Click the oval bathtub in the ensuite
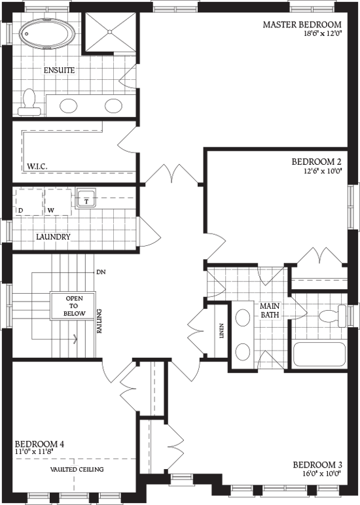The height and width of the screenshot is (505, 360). click(47, 33)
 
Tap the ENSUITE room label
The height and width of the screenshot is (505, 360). click(59, 70)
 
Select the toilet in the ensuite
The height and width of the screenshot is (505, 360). click(29, 103)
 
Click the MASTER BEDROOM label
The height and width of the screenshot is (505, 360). click(302, 25)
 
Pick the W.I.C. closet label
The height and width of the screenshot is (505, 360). click(37, 167)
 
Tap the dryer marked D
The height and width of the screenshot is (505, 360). click(29, 202)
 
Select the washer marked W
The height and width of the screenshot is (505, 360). click(58, 202)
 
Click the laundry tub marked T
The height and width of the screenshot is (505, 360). click(86, 198)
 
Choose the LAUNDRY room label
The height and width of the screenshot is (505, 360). click(53, 237)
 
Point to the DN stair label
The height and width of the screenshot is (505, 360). click(101, 271)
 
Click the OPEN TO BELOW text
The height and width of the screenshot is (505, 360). click(73, 305)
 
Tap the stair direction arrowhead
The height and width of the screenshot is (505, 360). click(77, 338)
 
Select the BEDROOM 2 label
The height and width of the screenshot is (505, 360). click(317, 161)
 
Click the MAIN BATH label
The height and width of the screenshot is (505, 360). click(270, 310)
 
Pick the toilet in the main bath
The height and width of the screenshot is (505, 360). click(332, 317)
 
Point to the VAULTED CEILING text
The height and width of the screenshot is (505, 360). click(77, 470)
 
